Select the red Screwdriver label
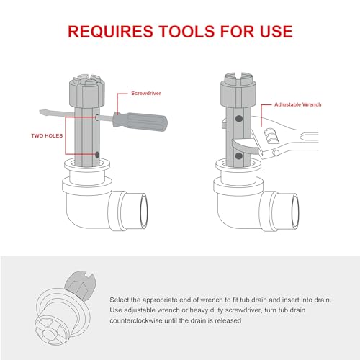tap(148, 94)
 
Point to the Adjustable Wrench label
tap(298, 104)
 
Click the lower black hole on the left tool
tap(97, 153)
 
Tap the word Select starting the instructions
tap(122, 298)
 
